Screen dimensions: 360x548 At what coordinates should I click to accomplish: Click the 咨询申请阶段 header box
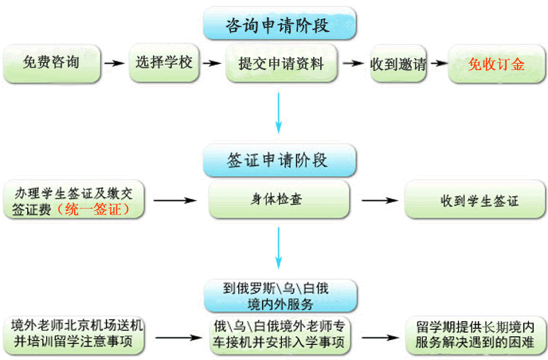(277, 23)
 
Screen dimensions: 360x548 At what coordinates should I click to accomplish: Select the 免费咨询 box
(52, 62)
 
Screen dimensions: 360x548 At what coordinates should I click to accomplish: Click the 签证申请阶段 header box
(277, 159)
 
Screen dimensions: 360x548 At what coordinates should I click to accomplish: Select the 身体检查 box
(278, 199)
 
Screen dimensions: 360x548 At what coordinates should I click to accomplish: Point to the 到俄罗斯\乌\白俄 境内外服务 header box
(278, 295)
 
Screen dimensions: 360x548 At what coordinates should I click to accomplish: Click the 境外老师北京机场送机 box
(77, 335)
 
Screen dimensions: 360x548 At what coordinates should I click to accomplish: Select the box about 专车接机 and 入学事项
(280, 335)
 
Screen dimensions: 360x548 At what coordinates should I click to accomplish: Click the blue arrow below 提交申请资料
(279, 112)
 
